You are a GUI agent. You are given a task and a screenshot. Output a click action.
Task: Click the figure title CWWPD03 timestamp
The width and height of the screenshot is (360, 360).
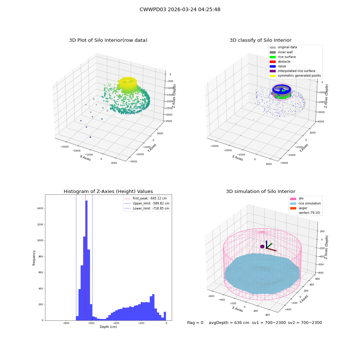tap(180, 10)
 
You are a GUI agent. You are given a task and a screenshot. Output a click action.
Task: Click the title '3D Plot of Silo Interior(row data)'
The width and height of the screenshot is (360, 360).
tap(108, 40)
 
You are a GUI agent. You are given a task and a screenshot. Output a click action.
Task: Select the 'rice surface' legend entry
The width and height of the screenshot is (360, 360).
tap(283, 57)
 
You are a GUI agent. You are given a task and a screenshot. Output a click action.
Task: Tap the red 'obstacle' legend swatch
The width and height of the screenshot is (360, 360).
tap(273, 62)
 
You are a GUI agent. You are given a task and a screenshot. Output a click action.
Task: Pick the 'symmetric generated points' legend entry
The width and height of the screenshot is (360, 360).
tap(295, 76)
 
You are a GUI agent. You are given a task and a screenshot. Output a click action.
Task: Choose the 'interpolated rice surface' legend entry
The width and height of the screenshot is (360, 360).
tap(292, 71)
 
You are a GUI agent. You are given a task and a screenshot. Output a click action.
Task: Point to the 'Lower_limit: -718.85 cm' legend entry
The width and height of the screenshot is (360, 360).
tap(147, 208)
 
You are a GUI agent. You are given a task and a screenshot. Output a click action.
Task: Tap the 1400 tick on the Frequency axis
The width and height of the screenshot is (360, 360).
tap(40, 208)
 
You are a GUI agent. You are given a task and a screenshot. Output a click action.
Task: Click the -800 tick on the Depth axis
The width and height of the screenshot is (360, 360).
tap(66, 323)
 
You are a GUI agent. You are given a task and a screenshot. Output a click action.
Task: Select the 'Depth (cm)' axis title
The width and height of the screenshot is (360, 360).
tap(108, 327)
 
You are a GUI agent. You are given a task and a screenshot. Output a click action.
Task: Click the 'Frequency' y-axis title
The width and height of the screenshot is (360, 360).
tap(34, 258)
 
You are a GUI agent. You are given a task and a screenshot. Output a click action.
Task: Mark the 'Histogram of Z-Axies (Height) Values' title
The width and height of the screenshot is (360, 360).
tap(108, 192)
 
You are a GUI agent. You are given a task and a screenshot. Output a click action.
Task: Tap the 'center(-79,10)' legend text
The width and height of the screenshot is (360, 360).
tap(309, 213)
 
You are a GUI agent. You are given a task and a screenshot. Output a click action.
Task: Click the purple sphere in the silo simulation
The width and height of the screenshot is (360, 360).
tap(262, 247)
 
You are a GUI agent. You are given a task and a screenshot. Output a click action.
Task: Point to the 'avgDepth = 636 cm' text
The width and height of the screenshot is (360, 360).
tap(229, 323)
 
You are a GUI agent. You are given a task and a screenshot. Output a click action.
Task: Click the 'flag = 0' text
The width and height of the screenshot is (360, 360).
tap(195, 323)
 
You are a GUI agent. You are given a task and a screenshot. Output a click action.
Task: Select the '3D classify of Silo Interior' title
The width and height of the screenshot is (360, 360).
tap(261, 40)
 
